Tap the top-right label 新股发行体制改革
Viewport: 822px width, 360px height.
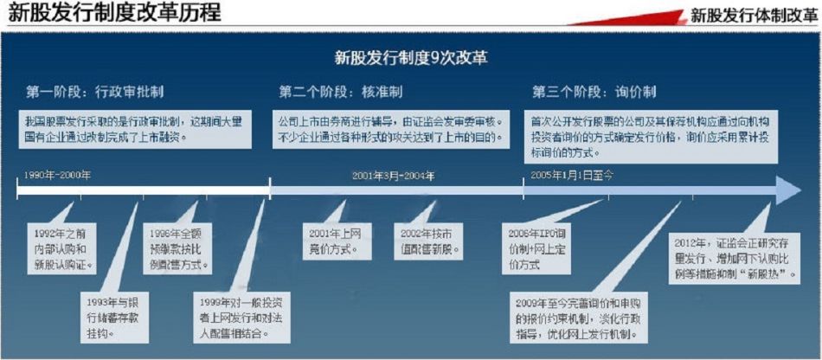point(753,15)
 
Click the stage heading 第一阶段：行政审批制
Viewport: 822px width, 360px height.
point(95,91)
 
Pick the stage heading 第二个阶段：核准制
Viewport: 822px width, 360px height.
point(341,91)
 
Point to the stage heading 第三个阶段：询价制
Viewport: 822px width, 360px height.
point(594,91)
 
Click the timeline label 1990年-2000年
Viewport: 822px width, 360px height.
point(57,175)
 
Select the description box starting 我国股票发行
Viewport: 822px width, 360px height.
point(135,129)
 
